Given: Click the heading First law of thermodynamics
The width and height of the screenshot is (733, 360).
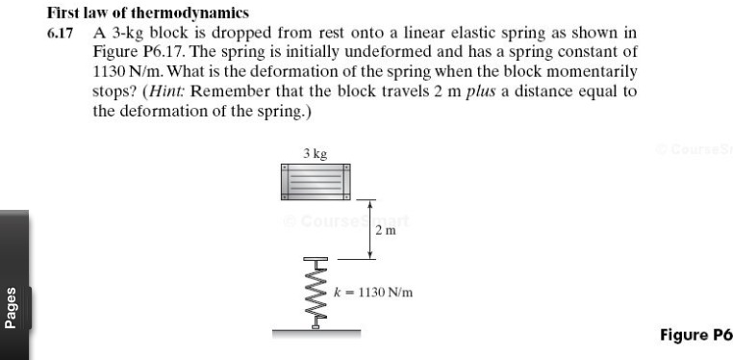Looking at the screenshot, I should tap(147, 13).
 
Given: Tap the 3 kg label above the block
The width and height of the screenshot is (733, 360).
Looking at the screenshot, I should tap(315, 153).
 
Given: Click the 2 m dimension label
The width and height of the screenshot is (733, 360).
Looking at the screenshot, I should tap(385, 231).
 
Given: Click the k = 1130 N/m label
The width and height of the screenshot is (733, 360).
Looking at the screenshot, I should tap(373, 291).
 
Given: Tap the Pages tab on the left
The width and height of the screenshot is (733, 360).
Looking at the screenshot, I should tap(13, 308).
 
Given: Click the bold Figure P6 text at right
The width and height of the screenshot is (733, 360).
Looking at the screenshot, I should tap(695, 335).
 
